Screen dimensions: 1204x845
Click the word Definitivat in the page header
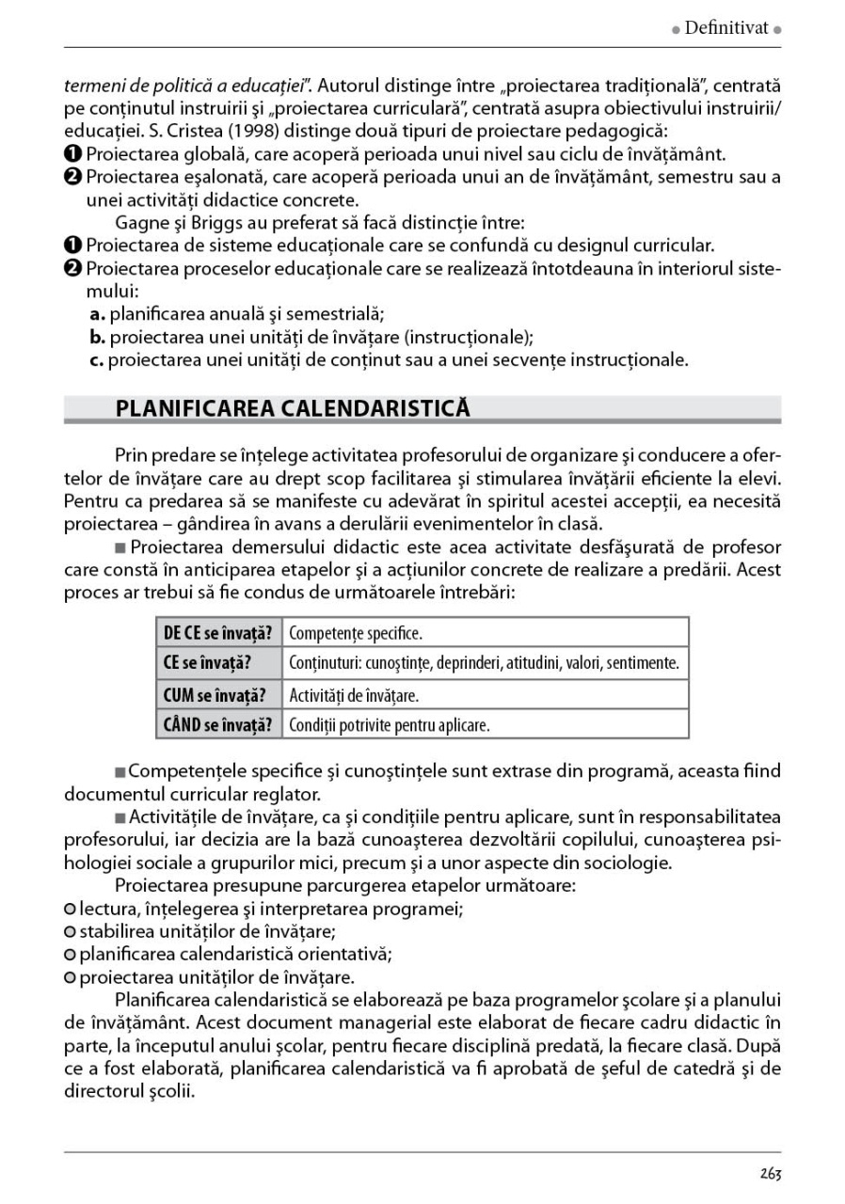[x=726, y=28]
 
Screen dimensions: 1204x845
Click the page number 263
[x=771, y=1174]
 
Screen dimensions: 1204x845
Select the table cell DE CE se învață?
[x=218, y=632]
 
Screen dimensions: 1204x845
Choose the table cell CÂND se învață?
[x=218, y=725]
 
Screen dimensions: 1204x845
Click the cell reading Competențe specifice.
[x=356, y=632]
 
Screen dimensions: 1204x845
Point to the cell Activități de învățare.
[x=354, y=695]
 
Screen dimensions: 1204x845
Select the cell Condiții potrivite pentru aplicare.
[x=390, y=725]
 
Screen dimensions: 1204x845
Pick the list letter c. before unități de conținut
[x=96, y=359]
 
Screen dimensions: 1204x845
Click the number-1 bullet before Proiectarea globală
[x=72, y=153]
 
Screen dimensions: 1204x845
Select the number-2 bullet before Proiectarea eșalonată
[x=72, y=177]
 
